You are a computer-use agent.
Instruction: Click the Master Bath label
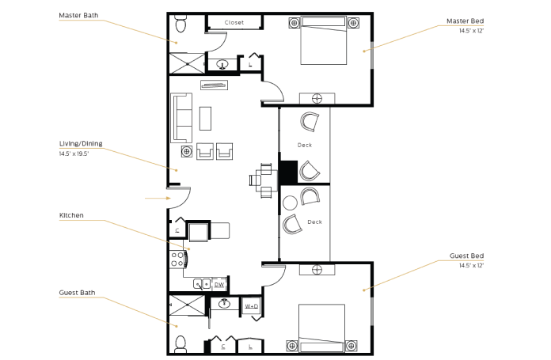(x=78, y=16)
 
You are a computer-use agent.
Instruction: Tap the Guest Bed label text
(x=466, y=256)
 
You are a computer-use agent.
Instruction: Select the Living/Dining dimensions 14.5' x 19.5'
(x=74, y=153)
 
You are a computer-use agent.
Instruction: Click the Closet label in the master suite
(x=234, y=22)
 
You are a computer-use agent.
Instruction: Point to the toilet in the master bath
(x=180, y=24)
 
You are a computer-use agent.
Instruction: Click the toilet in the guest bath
(x=180, y=344)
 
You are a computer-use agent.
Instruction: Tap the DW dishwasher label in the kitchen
(x=219, y=285)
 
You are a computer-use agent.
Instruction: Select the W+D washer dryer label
(x=251, y=306)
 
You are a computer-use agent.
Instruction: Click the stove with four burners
(x=178, y=260)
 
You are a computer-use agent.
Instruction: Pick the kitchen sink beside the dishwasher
(x=202, y=284)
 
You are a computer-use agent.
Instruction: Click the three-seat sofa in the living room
(x=181, y=118)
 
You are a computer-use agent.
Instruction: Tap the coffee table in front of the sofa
(x=206, y=119)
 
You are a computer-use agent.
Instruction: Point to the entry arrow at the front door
(x=158, y=199)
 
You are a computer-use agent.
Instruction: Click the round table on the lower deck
(x=290, y=203)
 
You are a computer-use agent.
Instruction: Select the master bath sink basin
(x=222, y=65)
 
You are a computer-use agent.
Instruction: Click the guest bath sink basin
(x=224, y=303)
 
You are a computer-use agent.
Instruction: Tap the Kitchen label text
(x=71, y=215)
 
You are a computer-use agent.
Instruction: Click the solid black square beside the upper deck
(x=289, y=172)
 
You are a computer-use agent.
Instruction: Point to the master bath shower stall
(x=188, y=63)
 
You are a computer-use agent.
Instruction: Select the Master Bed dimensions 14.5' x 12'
(x=471, y=31)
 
